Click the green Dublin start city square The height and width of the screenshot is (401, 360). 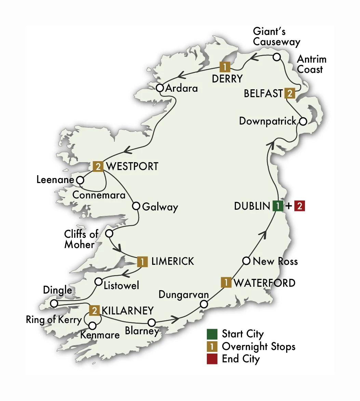coord(278,206)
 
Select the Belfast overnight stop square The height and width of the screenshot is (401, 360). coord(290,93)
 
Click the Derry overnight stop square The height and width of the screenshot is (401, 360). coord(225,66)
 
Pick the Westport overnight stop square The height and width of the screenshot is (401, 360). coord(98,167)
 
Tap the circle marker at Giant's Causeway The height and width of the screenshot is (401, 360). coord(276,57)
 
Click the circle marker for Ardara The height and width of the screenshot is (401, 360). coord(160,88)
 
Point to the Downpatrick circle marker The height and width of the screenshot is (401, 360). coord(303,121)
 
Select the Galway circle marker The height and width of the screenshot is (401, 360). coord(136,206)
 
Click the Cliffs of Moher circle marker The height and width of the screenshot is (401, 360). coord(109,234)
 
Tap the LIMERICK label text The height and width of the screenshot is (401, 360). coord(172,261)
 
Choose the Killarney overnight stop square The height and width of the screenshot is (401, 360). coord(94,311)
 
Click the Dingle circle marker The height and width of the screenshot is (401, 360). coord(54,303)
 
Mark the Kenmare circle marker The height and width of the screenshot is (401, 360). coord(92,325)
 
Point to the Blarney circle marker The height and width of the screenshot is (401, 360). coord(151,322)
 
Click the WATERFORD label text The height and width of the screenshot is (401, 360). coord(264,283)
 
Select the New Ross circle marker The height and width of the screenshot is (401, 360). coord(246,261)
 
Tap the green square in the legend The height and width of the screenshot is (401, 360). coord(212,334)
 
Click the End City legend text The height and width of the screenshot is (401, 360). coord(241,359)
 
